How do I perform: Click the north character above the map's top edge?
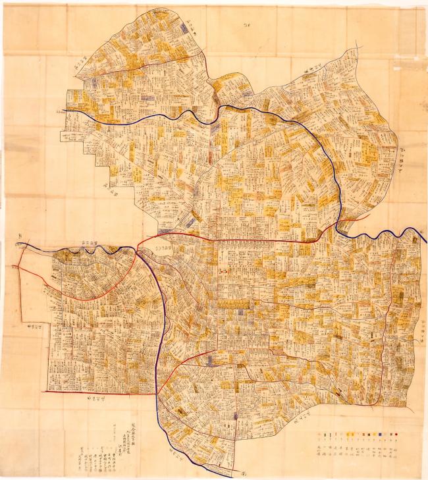pos(248,26)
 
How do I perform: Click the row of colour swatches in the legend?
pos(359,435)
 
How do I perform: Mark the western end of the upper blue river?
pos(65,111)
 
